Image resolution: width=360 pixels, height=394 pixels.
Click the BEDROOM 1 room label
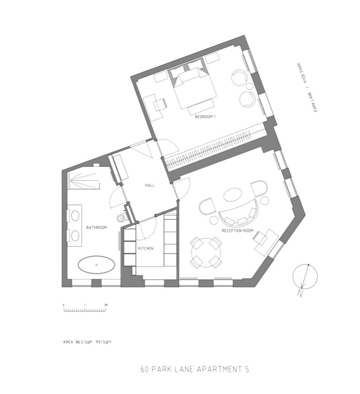pyautogui.click(x=205, y=117)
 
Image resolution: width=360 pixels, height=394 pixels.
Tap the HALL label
pyautogui.click(x=150, y=185)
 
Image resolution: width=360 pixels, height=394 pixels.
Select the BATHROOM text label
pyautogui.click(x=97, y=227)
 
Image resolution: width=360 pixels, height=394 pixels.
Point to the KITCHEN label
pyautogui.click(x=146, y=249)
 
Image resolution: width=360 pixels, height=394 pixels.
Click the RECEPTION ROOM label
pyautogui.click(x=238, y=230)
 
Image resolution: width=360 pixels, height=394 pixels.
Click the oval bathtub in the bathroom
pyautogui.click(x=97, y=265)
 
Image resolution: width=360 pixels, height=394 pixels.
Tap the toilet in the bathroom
pyautogui.click(x=122, y=218)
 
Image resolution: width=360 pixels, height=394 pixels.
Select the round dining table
pyautogui.click(x=206, y=253)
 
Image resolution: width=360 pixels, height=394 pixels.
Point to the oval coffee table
pyautogui.click(x=233, y=195)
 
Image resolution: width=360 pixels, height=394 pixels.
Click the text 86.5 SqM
pyautogui.click(x=84, y=342)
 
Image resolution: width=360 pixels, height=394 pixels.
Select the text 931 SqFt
pyautogui.click(x=103, y=342)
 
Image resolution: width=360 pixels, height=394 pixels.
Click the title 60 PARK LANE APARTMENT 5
pyautogui.click(x=195, y=369)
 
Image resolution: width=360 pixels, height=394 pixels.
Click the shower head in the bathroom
pyautogui.click(x=71, y=180)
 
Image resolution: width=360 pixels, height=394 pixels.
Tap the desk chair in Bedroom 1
pyautogui.click(x=160, y=104)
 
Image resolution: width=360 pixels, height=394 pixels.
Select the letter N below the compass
pyautogui.click(x=300, y=293)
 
